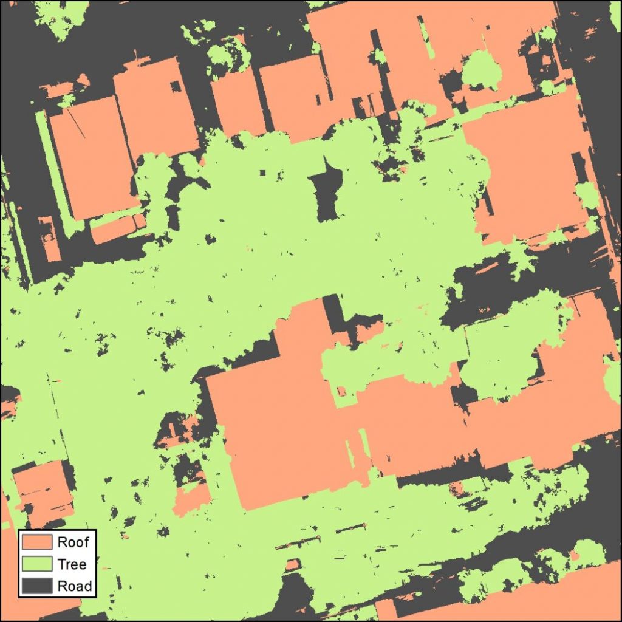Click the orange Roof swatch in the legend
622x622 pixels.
coord(38,542)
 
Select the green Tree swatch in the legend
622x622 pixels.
coord(38,564)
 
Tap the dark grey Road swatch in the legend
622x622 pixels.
coord(38,586)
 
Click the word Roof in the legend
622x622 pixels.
coord(73,542)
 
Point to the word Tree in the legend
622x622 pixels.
coord(72,564)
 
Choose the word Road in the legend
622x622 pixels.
coord(74,586)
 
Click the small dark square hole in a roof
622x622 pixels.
coord(175,86)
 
